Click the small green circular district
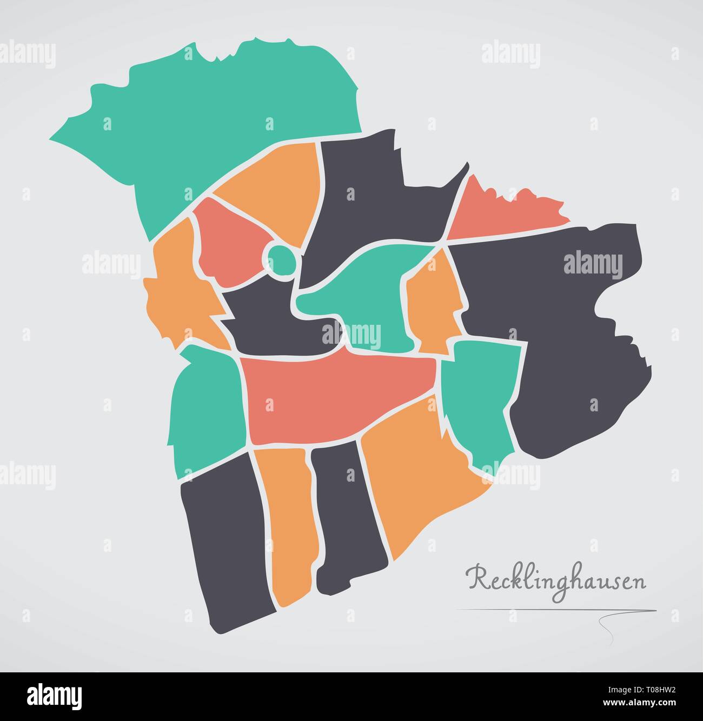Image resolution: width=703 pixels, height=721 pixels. tap(281, 259)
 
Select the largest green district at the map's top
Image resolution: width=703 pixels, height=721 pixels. tap(216, 119)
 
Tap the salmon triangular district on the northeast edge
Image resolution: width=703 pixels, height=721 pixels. tap(498, 213)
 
